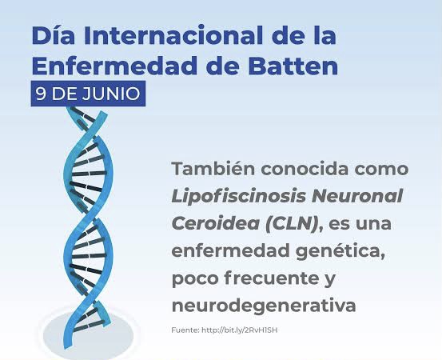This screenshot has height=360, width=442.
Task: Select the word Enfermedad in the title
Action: pos(115,66)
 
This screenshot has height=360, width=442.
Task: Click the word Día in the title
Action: pos(54,35)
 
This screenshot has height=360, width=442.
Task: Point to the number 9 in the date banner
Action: pos(41,94)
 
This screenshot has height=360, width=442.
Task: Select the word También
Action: pos(213,169)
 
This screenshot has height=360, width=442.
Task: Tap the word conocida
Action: pos(305,169)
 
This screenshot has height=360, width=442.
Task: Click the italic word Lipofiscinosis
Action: pos(239,197)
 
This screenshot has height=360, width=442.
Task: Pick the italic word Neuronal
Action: pos(357,196)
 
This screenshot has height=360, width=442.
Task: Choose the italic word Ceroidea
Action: pos(216,223)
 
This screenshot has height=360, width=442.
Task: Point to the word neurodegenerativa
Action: pos(264,306)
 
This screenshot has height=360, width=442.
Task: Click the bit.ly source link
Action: pos(240,330)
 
